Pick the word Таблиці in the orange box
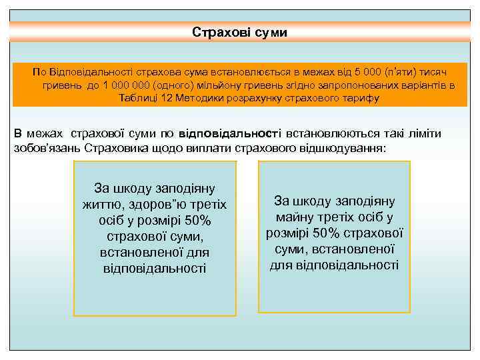pos(138,99)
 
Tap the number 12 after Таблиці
pos(169,99)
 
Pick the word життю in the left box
pos(102,205)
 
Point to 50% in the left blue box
pos(197,221)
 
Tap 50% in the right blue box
pos(316,233)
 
